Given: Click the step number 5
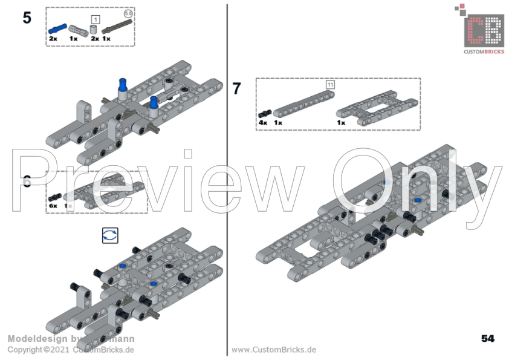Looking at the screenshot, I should tap(27, 18).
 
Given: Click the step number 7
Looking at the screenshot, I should tap(236, 89).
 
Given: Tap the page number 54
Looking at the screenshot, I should tap(488, 338).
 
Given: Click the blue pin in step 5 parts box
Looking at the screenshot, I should tap(57, 28).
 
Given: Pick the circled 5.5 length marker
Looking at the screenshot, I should tap(128, 13).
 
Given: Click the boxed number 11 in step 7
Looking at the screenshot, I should tap(330, 85).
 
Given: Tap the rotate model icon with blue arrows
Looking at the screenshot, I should tap(110, 235).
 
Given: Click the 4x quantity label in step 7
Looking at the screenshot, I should tap(263, 122).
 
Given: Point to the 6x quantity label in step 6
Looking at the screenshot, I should tap(53, 206).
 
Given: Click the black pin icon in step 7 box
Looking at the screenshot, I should tap(264, 114).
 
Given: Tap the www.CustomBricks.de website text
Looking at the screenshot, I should tap(274, 350).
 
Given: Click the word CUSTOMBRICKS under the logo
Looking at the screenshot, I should tap(483, 52).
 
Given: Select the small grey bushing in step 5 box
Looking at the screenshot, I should tap(94, 29).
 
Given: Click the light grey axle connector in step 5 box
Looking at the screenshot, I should tap(75, 28).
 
